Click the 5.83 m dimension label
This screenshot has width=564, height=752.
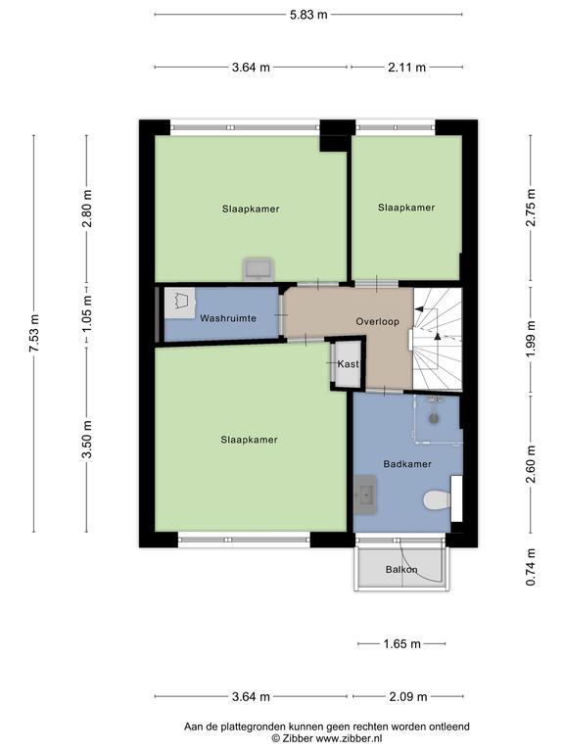pyautogui.click(x=308, y=15)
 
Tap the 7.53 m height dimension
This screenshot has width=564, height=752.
pyautogui.click(x=34, y=333)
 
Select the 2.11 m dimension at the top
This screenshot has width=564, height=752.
pyautogui.click(x=406, y=68)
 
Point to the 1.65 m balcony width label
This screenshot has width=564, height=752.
pyautogui.click(x=401, y=644)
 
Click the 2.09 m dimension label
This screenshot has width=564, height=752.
pyautogui.click(x=407, y=696)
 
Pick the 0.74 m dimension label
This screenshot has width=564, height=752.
pyautogui.click(x=531, y=567)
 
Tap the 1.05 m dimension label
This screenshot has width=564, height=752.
pyautogui.click(x=87, y=313)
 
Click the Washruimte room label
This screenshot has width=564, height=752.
pyautogui.click(x=228, y=318)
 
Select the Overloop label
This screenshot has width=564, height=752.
pyautogui.click(x=377, y=322)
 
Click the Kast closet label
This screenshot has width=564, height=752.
pyautogui.click(x=348, y=364)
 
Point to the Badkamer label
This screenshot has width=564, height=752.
pyautogui.click(x=407, y=464)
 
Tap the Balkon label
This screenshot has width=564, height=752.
pyautogui.click(x=401, y=570)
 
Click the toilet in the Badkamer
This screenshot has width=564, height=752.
pyautogui.click(x=437, y=500)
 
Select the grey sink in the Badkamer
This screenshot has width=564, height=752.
pyautogui.click(x=365, y=494)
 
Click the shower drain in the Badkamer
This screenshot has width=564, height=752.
pyautogui.click(x=435, y=419)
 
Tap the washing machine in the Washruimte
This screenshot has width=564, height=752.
pyautogui.click(x=180, y=303)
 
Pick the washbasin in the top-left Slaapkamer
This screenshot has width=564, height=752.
pyautogui.click(x=258, y=269)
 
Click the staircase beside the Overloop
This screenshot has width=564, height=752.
pyautogui.click(x=438, y=339)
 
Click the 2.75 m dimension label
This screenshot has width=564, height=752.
pyautogui.click(x=531, y=208)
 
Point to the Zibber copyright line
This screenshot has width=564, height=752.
pyautogui.click(x=327, y=739)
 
